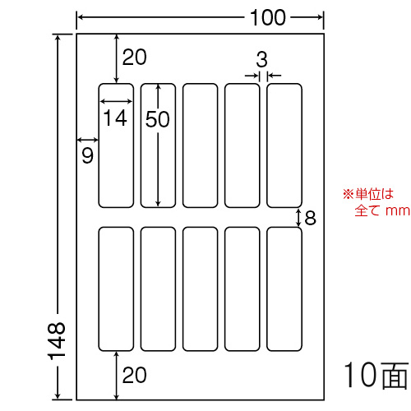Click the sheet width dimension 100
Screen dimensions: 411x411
pyautogui.click(x=268, y=17)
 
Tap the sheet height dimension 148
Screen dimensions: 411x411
pyautogui.click(x=57, y=340)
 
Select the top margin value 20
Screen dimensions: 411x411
pyautogui.click(x=134, y=58)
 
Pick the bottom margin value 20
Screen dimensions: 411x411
pyautogui.click(x=134, y=375)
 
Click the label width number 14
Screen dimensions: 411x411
pyautogui.click(x=115, y=118)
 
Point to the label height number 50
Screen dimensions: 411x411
pyautogui.click(x=158, y=119)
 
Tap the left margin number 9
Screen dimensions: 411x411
pyautogui.click(x=88, y=155)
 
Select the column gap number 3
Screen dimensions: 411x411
pyautogui.click(x=261, y=59)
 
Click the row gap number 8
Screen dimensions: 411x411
pyautogui.click(x=310, y=218)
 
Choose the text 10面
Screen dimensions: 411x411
pyautogui.click(x=376, y=375)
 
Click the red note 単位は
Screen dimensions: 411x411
pyautogui.click(x=374, y=194)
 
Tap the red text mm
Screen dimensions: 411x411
pyautogui.click(x=398, y=211)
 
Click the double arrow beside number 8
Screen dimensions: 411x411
pyautogui.click(x=298, y=218)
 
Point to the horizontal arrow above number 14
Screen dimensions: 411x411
pyautogui.click(x=116, y=102)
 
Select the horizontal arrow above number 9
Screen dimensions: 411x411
pyautogui.click(x=87, y=141)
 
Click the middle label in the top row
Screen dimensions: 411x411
pyautogui.click(x=201, y=145)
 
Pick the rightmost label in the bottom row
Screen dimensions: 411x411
pyautogui.click(x=284, y=289)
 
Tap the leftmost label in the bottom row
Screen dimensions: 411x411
pyautogui.click(x=116, y=289)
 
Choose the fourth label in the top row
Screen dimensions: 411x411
pyautogui.click(x=242, y=145)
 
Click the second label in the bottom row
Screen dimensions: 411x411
pyautogui.click(x=158, y=289)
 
